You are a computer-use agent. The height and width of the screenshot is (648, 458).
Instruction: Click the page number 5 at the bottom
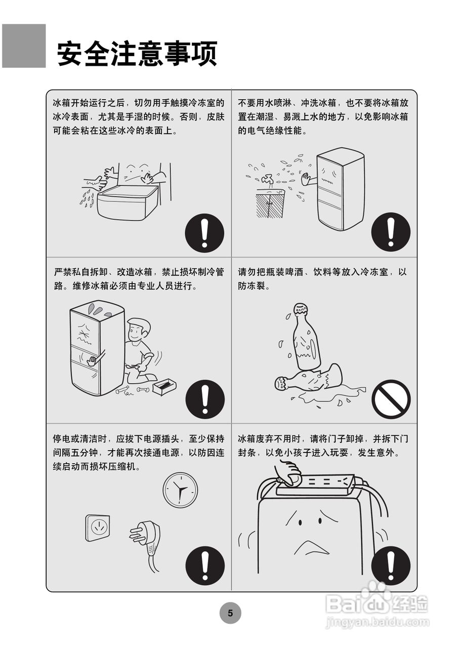(x=230, y=614)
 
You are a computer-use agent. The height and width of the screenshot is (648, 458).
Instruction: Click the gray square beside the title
(x=24, y=46)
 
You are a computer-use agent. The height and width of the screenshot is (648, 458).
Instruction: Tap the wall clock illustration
(x=180, y=490)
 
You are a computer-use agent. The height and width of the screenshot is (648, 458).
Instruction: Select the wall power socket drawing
(x=97, y=528)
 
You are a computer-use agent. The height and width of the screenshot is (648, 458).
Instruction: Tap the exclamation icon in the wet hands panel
(x=204, y=232)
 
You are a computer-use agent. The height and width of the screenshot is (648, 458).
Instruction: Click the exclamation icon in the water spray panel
(x=390, y=232)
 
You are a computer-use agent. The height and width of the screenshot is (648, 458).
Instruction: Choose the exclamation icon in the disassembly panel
(x=204, y=398)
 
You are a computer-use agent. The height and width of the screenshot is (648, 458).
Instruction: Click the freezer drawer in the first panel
(x=126, y=202)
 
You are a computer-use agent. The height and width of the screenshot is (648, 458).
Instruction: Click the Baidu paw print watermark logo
(x=376, y=592)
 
